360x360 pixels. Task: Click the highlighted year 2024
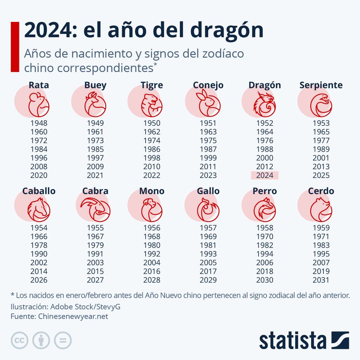264,176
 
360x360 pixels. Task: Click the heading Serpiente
321,85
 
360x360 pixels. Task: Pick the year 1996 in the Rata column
39,158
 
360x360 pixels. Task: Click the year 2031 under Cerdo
321,280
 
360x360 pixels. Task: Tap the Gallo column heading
208,191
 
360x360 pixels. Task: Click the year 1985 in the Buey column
95,149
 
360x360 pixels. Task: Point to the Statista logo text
293,340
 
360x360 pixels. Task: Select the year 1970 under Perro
264,237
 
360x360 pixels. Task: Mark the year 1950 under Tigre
152,123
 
